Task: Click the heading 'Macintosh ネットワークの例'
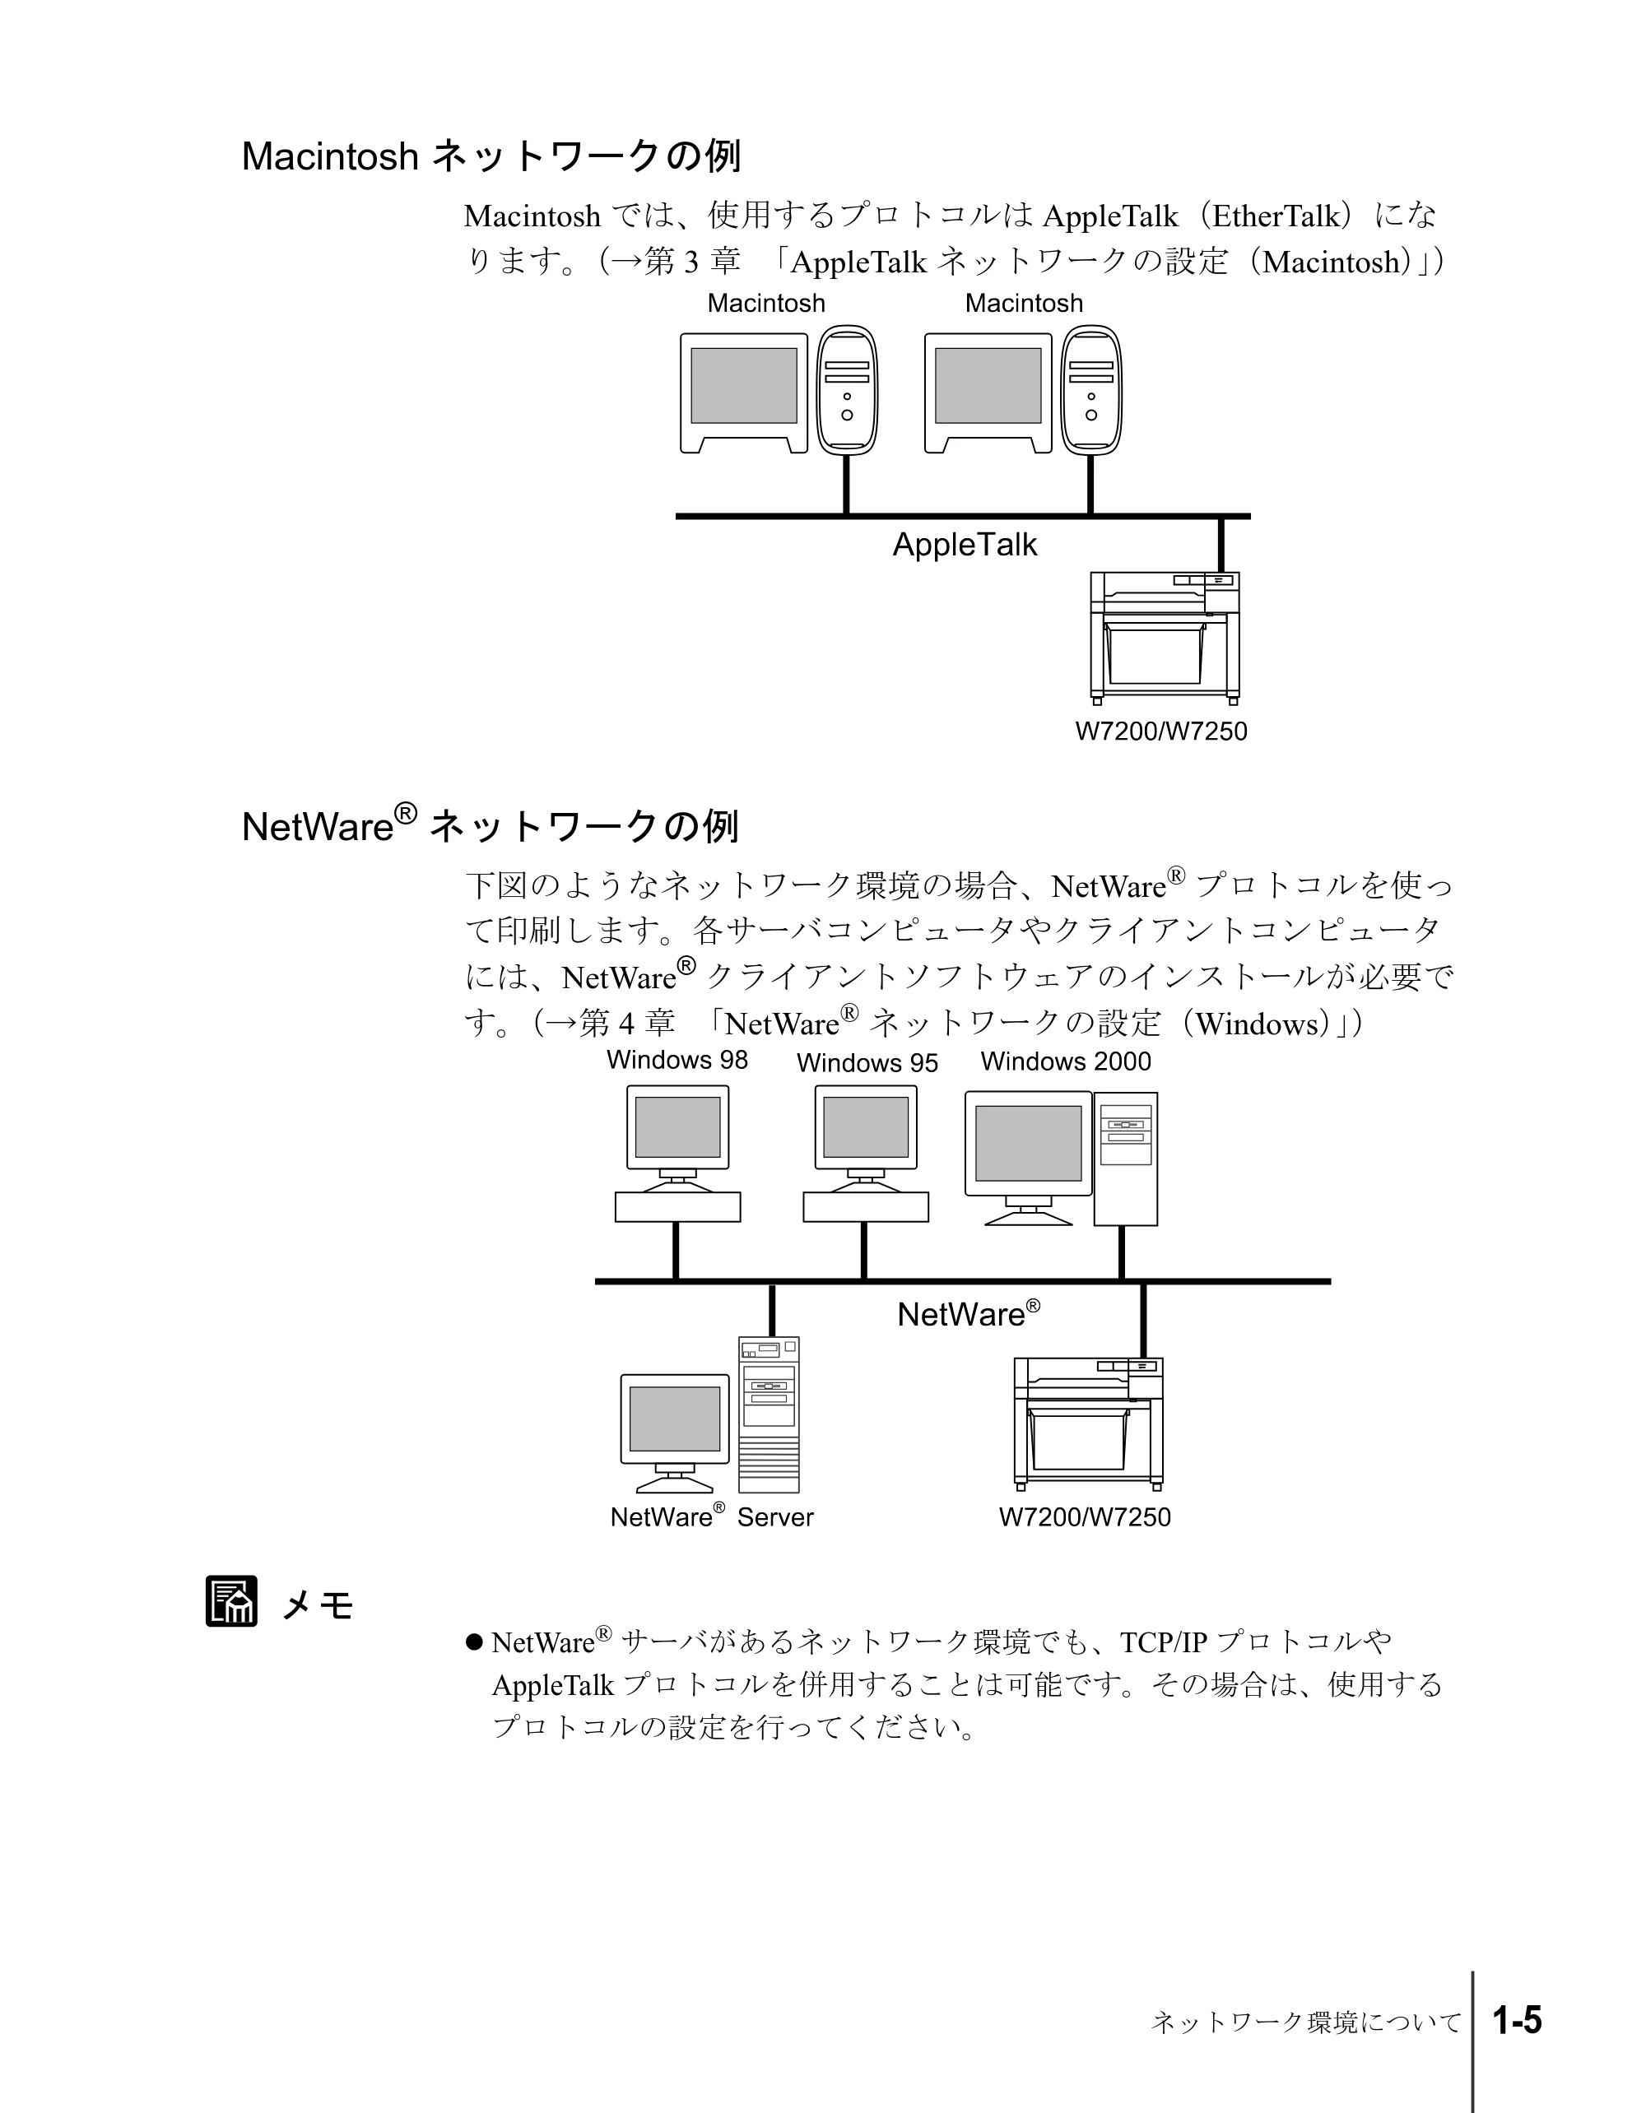point(491,156)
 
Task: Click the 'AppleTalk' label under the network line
point(964,545)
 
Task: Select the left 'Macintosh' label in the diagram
point(766,303)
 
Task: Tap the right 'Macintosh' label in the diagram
point(1024,303)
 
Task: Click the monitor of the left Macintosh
point(744,392)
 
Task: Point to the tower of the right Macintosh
point(1091,389)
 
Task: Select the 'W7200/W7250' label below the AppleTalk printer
point(1161,731)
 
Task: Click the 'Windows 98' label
point(677,1060)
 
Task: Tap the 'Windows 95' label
point(867,1062)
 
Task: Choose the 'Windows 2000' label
point(1066,1061)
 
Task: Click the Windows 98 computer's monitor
point(677,1128)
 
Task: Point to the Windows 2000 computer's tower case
point(1125,1159)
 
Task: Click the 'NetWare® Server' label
point(711,1516)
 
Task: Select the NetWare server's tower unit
point(770,1414)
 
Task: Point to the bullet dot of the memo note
point(474,1642)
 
